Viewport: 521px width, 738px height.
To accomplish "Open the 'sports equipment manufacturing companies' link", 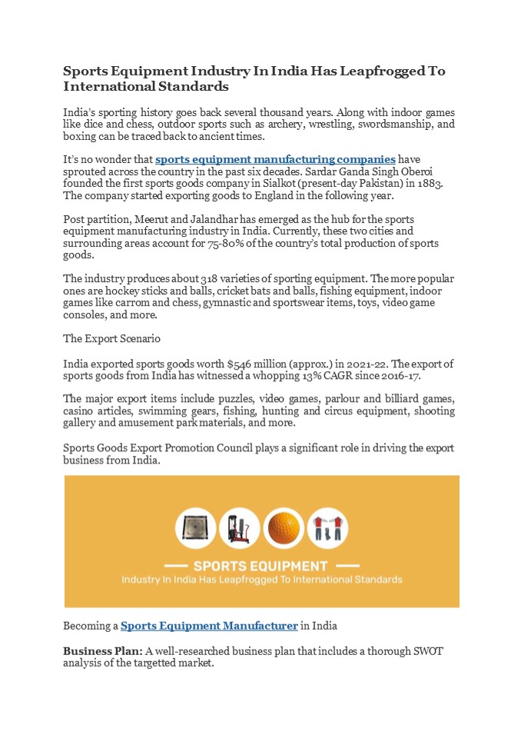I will click(x=275, y=160).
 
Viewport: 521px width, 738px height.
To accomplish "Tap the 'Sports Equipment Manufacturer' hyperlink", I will click(x=209, y=626).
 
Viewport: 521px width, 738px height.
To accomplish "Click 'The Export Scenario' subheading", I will click(x=111, y=338).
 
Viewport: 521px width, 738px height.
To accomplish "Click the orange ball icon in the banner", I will click(x=284, y=529).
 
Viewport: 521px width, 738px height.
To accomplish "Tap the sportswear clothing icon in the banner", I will click(x=327, y=529).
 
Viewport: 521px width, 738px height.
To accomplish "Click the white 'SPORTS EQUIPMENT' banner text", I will click(x=261, y=566).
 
